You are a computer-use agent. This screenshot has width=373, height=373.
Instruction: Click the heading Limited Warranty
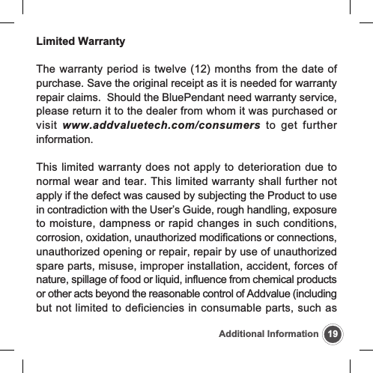pyautogui.click(x=81, y=40)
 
